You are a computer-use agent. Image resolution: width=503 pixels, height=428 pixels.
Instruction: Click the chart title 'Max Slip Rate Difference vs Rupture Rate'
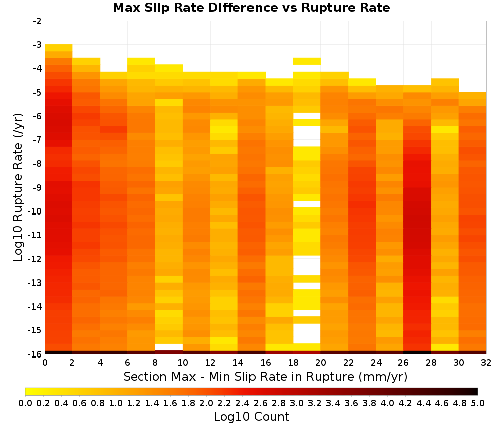pyautogui.click(x=251, y=8)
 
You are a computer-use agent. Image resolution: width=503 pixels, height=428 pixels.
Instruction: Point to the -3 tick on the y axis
pyautogui.click(x=37, y=45)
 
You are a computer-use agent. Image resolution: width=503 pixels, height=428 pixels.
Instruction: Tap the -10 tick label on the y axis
pyautogui.click(x=35, y=211)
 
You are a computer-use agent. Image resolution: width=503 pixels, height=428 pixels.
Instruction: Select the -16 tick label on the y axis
pyautogui.click(x=35, y=354)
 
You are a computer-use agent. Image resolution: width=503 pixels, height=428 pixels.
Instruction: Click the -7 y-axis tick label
pyautogui.click(x=37, y=140)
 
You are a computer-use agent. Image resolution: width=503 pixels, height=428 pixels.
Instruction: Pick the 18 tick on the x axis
pyautogui.click(x=293, y=363)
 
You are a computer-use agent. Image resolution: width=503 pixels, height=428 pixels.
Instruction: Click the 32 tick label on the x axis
pyautogui.click(x=486, y=363)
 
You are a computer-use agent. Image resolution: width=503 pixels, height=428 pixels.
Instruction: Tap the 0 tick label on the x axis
pyautogui.click(x=45, y=363)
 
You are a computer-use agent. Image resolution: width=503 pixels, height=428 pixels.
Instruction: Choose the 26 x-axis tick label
pyautogui.click(x=403, y=363)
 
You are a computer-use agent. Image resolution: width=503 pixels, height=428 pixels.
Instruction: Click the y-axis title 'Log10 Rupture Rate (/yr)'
pyautogui.click(x=18, y=187)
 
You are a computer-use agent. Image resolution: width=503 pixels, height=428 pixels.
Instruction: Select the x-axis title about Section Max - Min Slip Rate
pyautogui.click(x=266, y=377)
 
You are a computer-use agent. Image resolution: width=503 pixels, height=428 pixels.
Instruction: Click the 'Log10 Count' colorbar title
pyautogui.click(x=251, y=417)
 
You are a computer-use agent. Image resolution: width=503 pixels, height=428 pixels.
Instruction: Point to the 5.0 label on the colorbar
pyautogui.click(x=478, y=403)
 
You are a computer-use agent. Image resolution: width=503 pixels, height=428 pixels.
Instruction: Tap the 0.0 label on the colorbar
pyautogui.click(x=25, y=403)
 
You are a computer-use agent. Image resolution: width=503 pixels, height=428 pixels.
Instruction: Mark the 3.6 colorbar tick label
pyautogui.click(x=351, y=403)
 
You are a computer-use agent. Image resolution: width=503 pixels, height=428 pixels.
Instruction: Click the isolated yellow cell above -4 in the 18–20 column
pyautogui.click(x=307, y=61)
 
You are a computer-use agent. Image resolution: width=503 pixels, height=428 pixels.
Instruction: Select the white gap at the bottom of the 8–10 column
pyautogui.click(x=169, y=347)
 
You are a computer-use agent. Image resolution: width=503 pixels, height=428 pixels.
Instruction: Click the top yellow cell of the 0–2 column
pyautogui.click(x=59, y=48)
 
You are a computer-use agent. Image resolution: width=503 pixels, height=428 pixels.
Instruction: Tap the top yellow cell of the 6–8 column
pyautogui.click(x=141, y=61)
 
